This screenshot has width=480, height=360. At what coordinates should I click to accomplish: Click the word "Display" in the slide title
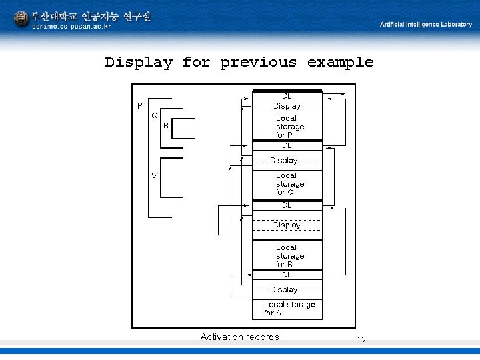click(x=139, y=63)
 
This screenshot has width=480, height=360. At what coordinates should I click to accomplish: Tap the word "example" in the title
click(x=340, y=63)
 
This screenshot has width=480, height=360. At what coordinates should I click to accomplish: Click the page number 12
click(x=361, y=340)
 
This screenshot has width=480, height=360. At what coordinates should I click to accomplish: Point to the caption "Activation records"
click(x=239, y=337)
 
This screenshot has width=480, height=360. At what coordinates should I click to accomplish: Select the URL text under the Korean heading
click(x=71, y=27)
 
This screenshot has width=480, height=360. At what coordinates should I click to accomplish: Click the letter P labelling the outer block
click(x=139, y=105)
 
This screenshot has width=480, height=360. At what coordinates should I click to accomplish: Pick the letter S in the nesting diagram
click(x=154, y=175)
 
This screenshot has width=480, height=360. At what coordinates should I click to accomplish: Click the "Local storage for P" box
click(x=287, y=127)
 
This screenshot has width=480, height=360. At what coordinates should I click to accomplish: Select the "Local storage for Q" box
click(x=287, y=184)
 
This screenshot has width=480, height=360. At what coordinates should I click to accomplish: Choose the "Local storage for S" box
click(x=287, y=309)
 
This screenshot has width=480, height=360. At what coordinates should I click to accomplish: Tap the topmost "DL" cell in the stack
click(x=287, y=96)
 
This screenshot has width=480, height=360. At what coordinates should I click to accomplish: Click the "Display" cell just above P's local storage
click(x=287, y=106)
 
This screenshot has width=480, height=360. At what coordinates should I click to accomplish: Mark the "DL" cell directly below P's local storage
click(x=287, y=145)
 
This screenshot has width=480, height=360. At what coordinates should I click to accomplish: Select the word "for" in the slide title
click(x=196, y=63)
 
